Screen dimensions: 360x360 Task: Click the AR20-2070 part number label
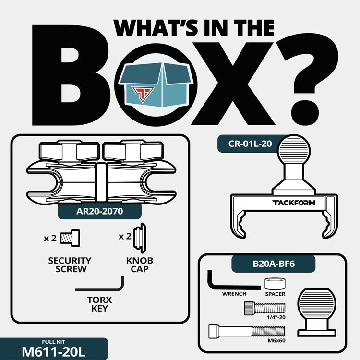click(x=100, y=211)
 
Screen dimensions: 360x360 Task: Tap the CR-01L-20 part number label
click(x=250, y=144)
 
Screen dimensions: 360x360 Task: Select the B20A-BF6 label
click(x=274, y=264)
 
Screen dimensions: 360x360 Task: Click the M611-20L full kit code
click(x=53, y=351)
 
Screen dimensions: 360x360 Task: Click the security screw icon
click(x=70, y=238)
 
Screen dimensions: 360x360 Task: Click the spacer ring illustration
click(x=275, y=284)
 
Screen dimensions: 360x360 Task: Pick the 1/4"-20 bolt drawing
click(x=264, y=308)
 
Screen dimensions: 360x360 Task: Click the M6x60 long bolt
click(x=247, y=332)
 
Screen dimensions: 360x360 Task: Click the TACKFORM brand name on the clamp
click(x=294, y=203)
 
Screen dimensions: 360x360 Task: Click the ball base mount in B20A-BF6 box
click(x=317, y=313)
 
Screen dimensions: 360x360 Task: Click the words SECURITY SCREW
click(x=70, y=264)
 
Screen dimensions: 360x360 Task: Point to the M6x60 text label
click(x=276, y=340)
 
